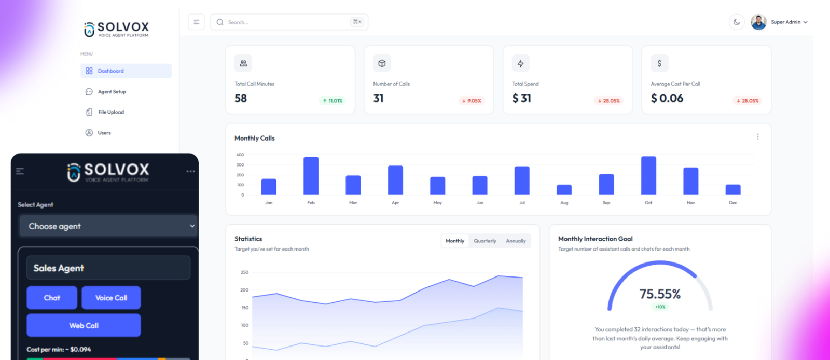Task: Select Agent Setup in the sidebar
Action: pos(112,92)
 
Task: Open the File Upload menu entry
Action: pos(110,112)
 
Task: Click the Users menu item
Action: pos(104,133)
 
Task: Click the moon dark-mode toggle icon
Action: pos(737,22)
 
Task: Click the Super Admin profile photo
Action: pos(758,22)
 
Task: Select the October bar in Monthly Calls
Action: pos(648,175)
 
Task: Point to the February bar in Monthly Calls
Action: pos(311,176)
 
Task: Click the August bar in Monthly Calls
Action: pos(564,189)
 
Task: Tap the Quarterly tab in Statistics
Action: pos(485,241)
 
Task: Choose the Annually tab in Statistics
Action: pos(516,241)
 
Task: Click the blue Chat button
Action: pos(52,298)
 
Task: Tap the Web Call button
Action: pos(84,325)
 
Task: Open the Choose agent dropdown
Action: pos(108,226)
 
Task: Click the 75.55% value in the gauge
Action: pos(660,294)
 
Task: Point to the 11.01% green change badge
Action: pos(333,101)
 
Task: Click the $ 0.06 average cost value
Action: pos(667,98)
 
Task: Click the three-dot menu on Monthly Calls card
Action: pos(758,137)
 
